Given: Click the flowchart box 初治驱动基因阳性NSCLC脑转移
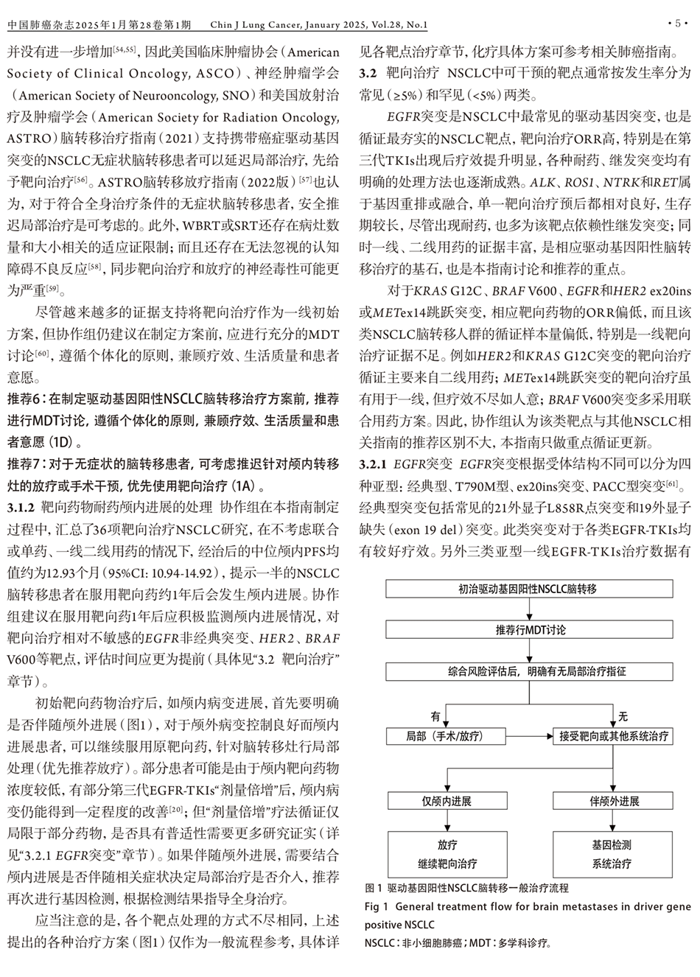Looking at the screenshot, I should coord(528,589).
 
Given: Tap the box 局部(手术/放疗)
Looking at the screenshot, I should coord(446,735).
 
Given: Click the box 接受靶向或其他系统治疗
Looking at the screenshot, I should coord(613,735).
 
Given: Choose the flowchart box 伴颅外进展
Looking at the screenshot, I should coord(614,801).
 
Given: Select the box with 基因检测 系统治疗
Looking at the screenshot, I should coord(614,854).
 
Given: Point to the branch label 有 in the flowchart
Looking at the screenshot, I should coord(435,716).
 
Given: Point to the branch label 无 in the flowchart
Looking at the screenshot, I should coord(623,716).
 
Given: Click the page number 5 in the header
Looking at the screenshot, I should coord(677,24).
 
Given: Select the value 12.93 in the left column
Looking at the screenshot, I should coord(57,573).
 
